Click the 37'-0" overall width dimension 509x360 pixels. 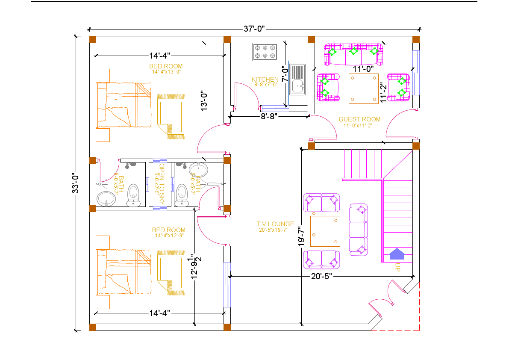[x=255, y=29]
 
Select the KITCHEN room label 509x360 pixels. [x=265, y=80]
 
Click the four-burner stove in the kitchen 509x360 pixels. [x=265, y=52]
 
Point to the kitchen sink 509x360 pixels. [x=298, y=79]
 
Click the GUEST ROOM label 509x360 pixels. [x=359, y=119]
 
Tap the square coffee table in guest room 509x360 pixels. [x=363, y=89]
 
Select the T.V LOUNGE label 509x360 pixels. [x=275, y=224]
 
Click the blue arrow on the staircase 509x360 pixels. [x=397, y=254]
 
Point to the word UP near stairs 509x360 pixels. [x=397, y=268]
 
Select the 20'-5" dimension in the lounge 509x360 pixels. [x=322, y=276]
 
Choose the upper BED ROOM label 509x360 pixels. [x=166, y=66]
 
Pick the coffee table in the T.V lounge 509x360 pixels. [x=325, y=231]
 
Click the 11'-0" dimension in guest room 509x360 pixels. [x=363, y=68]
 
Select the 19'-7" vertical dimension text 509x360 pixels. [x=302, y=236]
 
